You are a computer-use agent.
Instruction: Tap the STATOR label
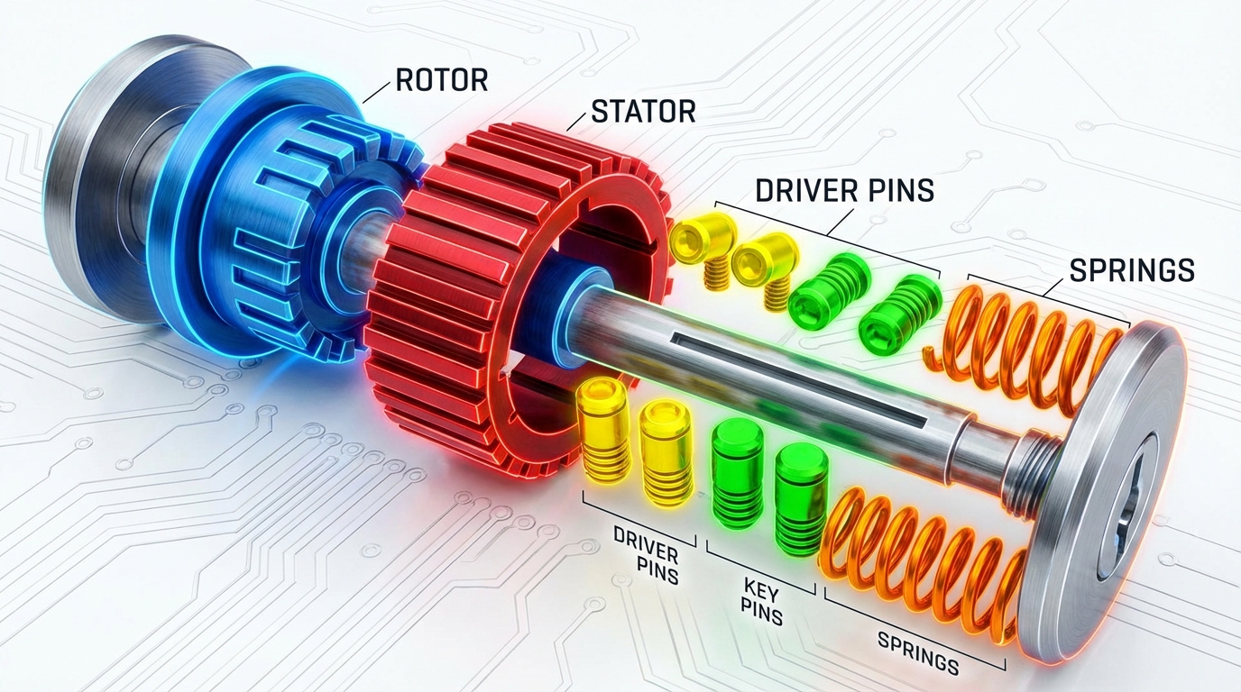642,112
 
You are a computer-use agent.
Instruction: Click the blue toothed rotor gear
271,234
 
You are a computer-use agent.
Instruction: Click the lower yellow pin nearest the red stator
601,428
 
